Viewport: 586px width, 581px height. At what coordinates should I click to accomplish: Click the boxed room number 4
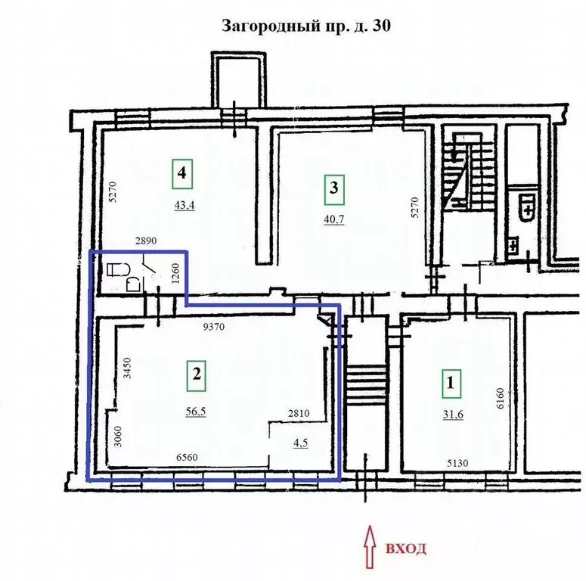(x=182, y=173)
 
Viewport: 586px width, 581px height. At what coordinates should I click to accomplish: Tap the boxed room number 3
(x=334, y=190)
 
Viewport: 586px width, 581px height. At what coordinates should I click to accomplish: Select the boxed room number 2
(x=197, y=376)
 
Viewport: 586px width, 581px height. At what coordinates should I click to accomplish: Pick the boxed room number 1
(x=451, y=384)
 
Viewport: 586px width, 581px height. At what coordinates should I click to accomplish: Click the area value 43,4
(x=184, y=206)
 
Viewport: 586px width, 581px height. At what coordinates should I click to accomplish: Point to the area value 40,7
(x=334, y=219)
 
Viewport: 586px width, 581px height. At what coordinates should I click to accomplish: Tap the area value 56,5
(x=196, y=412)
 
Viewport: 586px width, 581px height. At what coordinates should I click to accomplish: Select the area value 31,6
(x=453, y=415)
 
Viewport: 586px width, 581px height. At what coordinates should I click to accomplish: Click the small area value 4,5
(x=301, y=443)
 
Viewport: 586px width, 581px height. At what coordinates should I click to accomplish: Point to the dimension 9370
(x=214, y=327)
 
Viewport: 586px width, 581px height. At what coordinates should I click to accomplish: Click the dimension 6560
(x=187, y=457)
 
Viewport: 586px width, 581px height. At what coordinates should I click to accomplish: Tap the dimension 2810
(x=299, y=413)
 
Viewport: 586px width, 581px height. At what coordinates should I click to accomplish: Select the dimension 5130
(x=457, y=464)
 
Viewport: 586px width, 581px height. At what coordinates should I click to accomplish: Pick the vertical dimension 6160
(x=501, y=399)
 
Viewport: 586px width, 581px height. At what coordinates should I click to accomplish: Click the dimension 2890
(x=146, y=241)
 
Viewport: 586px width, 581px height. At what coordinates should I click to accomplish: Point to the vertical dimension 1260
(x=175, y=274)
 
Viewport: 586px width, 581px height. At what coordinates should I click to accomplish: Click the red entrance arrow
(x=370, y=547)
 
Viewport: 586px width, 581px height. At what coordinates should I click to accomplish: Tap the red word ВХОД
(x=405, y=548)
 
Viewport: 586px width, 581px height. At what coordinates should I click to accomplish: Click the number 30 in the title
(x=382, y=26)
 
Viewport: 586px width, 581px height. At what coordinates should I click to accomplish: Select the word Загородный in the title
(x=271, y=26)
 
